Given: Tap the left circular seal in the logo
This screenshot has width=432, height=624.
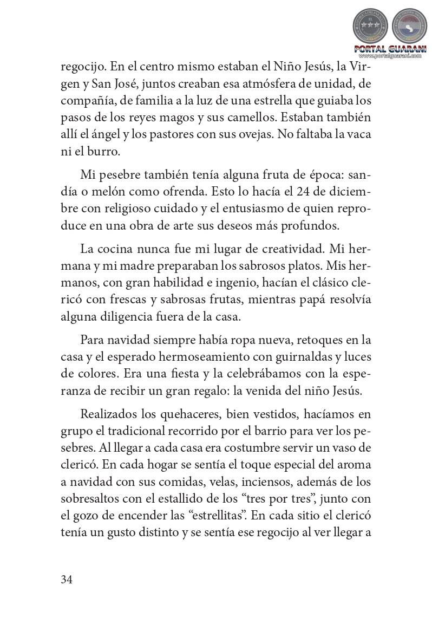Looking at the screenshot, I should (x=370, y=27).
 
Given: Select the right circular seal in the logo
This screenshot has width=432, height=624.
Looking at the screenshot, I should (x=409, y=27).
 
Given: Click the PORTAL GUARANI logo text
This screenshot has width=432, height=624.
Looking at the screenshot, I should (x=390, y=49).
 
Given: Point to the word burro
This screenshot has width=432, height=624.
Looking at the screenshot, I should (x=94, y=150).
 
